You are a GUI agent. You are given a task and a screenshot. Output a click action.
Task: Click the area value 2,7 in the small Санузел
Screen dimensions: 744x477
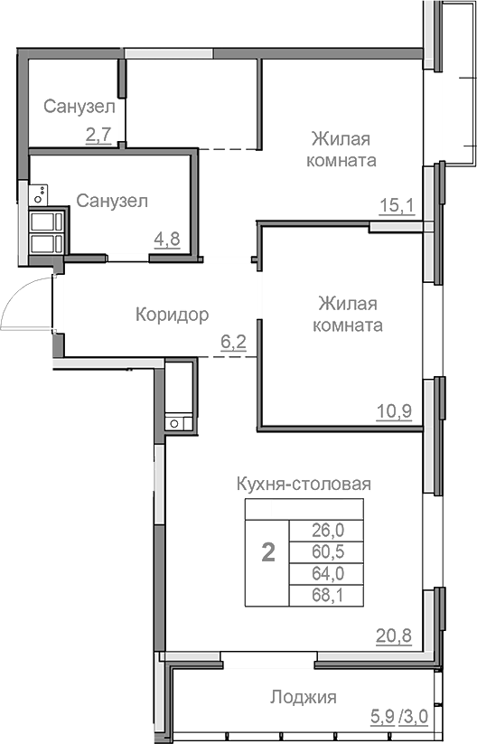pos(98,136)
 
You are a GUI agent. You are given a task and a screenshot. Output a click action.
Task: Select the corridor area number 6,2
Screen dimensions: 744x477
pos(234,342)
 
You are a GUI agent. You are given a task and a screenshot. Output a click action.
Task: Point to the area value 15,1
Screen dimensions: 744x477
pos(396,206)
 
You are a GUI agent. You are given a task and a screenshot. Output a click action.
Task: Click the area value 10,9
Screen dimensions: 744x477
pos(394,412)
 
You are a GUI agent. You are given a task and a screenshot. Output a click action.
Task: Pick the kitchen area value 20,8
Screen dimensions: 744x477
pos(394,635)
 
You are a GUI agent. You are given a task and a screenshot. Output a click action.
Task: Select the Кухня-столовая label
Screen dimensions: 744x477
pos(304,484)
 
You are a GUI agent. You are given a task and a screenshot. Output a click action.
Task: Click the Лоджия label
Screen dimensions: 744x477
pos(303,697)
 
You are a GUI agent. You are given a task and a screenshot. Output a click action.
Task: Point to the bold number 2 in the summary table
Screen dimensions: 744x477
pos(267,552)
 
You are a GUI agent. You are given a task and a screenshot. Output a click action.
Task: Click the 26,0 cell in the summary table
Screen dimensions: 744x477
pos(321,531)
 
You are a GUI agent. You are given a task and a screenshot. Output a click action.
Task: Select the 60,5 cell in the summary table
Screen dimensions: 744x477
pos(321,551)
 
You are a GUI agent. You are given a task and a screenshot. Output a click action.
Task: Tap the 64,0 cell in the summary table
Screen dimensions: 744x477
pos(321,573)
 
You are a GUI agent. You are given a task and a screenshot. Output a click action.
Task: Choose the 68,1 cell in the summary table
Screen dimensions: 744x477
pos(321,595)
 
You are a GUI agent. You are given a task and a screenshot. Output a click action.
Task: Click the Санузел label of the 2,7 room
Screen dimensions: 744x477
pos(79,107)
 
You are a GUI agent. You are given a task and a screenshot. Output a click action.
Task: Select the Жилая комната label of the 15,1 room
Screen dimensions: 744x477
pos(343,149)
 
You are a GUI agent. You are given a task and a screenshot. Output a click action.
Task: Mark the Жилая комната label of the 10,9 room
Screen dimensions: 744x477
pos(348,314)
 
